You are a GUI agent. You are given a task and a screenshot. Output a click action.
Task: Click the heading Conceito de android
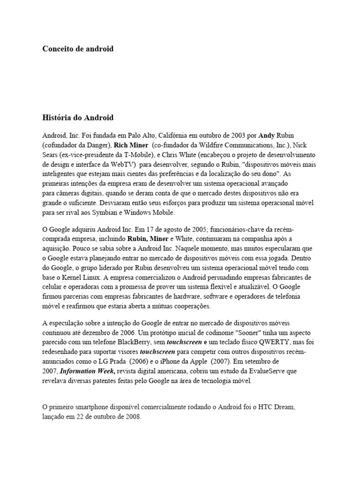(x=78, y=49)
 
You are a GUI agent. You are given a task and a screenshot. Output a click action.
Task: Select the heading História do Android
(x=78, y=117)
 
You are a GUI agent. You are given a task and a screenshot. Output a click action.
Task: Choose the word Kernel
(x=72, y=277)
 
